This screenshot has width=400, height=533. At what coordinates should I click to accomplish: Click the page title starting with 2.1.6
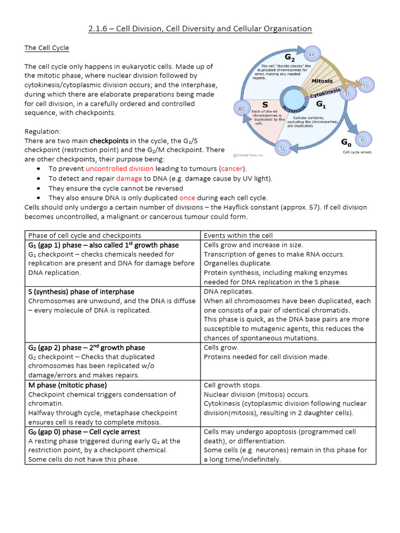coord(199,29)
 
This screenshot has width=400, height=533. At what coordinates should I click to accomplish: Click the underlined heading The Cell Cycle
coord(47,48)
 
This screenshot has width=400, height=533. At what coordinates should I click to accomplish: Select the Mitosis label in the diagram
coord(322,81)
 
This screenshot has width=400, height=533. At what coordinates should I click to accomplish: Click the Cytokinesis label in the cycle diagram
coord(326,94)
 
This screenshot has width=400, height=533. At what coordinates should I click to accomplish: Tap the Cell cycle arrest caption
coord(357,153)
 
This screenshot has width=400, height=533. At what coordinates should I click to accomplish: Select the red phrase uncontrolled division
coord(119,169)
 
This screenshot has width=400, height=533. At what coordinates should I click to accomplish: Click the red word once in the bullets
coord(187,198)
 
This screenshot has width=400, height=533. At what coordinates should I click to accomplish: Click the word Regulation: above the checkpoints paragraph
coord(43,132)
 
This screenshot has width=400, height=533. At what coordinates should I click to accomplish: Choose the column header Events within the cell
coord(238,235)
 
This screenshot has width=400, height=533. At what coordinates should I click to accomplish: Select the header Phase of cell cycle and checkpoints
coord(84,235)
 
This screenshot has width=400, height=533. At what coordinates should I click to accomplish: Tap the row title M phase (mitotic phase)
coord(67,385)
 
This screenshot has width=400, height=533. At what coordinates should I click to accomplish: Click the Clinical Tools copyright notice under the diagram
coord(249,155)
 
